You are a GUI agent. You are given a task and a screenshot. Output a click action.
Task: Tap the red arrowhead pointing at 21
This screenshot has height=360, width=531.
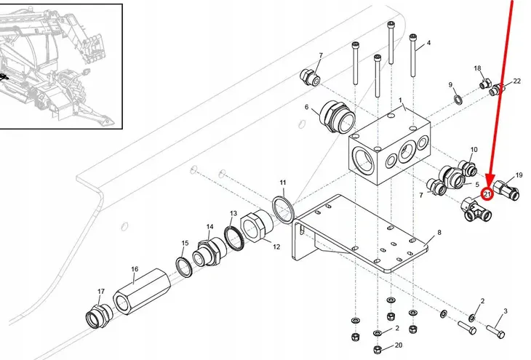coord(490,180)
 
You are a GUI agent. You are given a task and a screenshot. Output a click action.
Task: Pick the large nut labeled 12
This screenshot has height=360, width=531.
coord(256,226)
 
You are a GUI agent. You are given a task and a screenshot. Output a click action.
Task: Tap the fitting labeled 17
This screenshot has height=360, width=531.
coord(99,316)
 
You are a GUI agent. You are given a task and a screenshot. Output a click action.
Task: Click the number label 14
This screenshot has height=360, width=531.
coord(210,227)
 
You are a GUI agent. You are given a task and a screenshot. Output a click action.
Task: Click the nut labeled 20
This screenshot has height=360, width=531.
coord(378,349)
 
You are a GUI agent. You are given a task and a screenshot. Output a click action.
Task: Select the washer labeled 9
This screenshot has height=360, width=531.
coord(458,100)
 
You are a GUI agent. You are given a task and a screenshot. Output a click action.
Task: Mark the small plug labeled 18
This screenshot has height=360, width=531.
coord(485,83)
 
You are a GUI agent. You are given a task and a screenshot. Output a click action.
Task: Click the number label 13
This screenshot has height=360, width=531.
coord(233,213)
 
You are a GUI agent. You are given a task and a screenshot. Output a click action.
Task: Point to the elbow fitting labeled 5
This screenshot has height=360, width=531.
coord(452,176)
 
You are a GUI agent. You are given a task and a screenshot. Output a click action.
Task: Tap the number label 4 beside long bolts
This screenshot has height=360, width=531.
coord(428,43)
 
